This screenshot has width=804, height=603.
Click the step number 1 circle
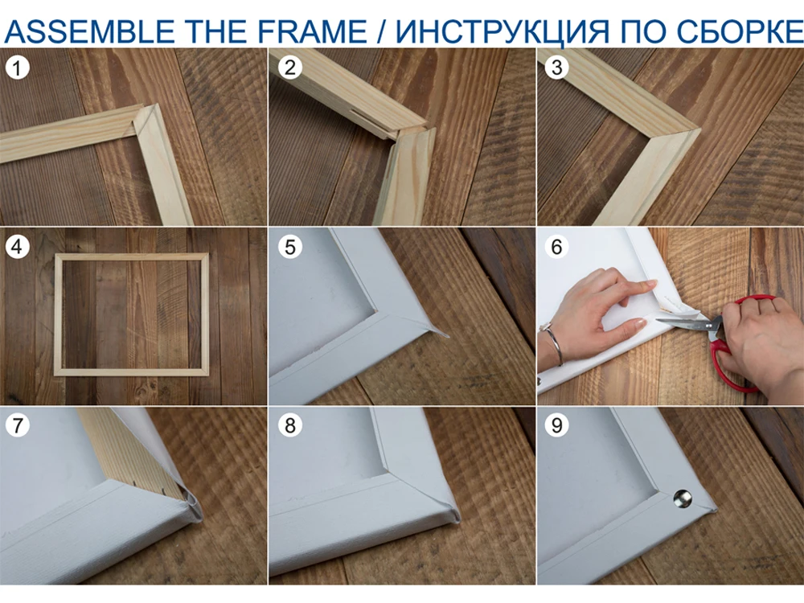click(18, 68)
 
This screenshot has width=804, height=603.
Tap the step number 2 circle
click(290, 68)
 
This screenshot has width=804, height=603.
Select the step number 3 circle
click(557, 68)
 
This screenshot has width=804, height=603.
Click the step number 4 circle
click(18, 247)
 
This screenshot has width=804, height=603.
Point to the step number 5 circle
click(290, 247)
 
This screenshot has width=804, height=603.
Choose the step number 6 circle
click(557, 247)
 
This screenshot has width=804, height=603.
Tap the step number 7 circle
click(18, 425)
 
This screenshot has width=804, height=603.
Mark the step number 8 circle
click(290, 425)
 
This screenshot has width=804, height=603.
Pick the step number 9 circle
click(557, 425)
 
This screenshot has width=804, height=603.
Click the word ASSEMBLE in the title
click(89, 31)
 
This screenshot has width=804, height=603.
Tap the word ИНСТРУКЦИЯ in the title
click(503, 32)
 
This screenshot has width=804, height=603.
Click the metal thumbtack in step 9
click(683, 498)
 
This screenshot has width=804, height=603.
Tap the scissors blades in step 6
click(682, 322)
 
